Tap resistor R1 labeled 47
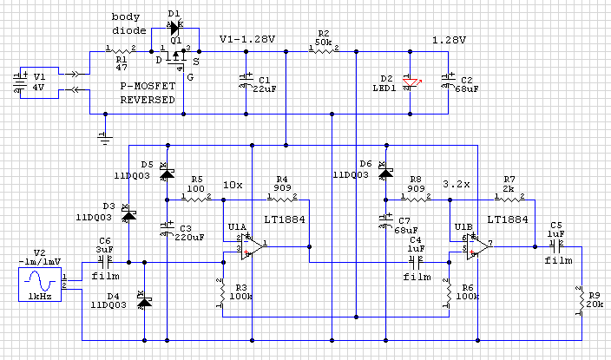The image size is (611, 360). (121, 52)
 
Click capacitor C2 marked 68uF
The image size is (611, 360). (449, 82)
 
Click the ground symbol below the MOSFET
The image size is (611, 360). (104, 135)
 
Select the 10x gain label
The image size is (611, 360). (232, 185)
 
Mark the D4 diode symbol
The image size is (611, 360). (143, 301)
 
